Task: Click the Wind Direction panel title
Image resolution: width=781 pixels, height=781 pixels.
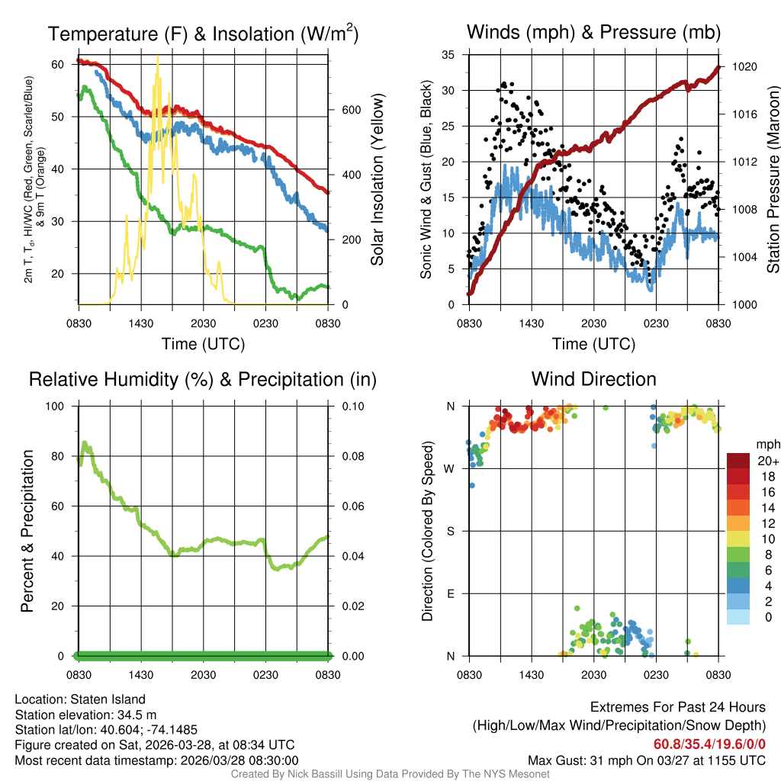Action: point(593,379)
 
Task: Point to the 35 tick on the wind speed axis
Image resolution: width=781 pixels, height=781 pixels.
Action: point(449,54)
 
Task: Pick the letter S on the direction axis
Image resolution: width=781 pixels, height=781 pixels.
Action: point(451,531)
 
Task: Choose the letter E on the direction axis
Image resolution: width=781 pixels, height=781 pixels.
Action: point(451,593)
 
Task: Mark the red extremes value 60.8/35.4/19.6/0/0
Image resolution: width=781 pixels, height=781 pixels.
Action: point(709,744)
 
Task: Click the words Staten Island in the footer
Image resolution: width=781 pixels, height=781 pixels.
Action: point(108,699)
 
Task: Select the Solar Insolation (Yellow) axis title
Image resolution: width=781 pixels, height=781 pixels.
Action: point(377,179)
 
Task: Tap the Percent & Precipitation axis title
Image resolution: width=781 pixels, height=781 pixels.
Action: point(27,531)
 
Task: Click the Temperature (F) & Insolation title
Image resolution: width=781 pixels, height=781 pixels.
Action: point(203,34)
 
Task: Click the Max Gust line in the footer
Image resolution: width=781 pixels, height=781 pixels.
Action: point(647,760)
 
